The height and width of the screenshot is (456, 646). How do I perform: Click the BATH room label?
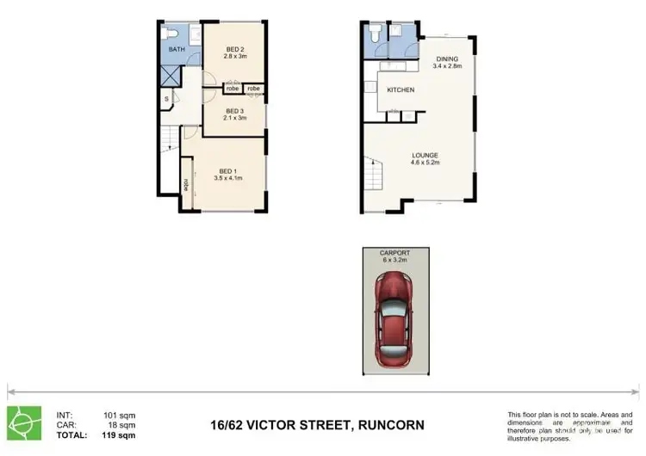(176, 49)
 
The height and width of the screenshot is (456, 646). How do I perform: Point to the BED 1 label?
(227, 169)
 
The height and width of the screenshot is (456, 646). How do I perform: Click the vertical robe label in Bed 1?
(186, 184)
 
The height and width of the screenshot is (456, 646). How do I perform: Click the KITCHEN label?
(401, 89)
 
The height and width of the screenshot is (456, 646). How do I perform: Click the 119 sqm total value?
(121, 436)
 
